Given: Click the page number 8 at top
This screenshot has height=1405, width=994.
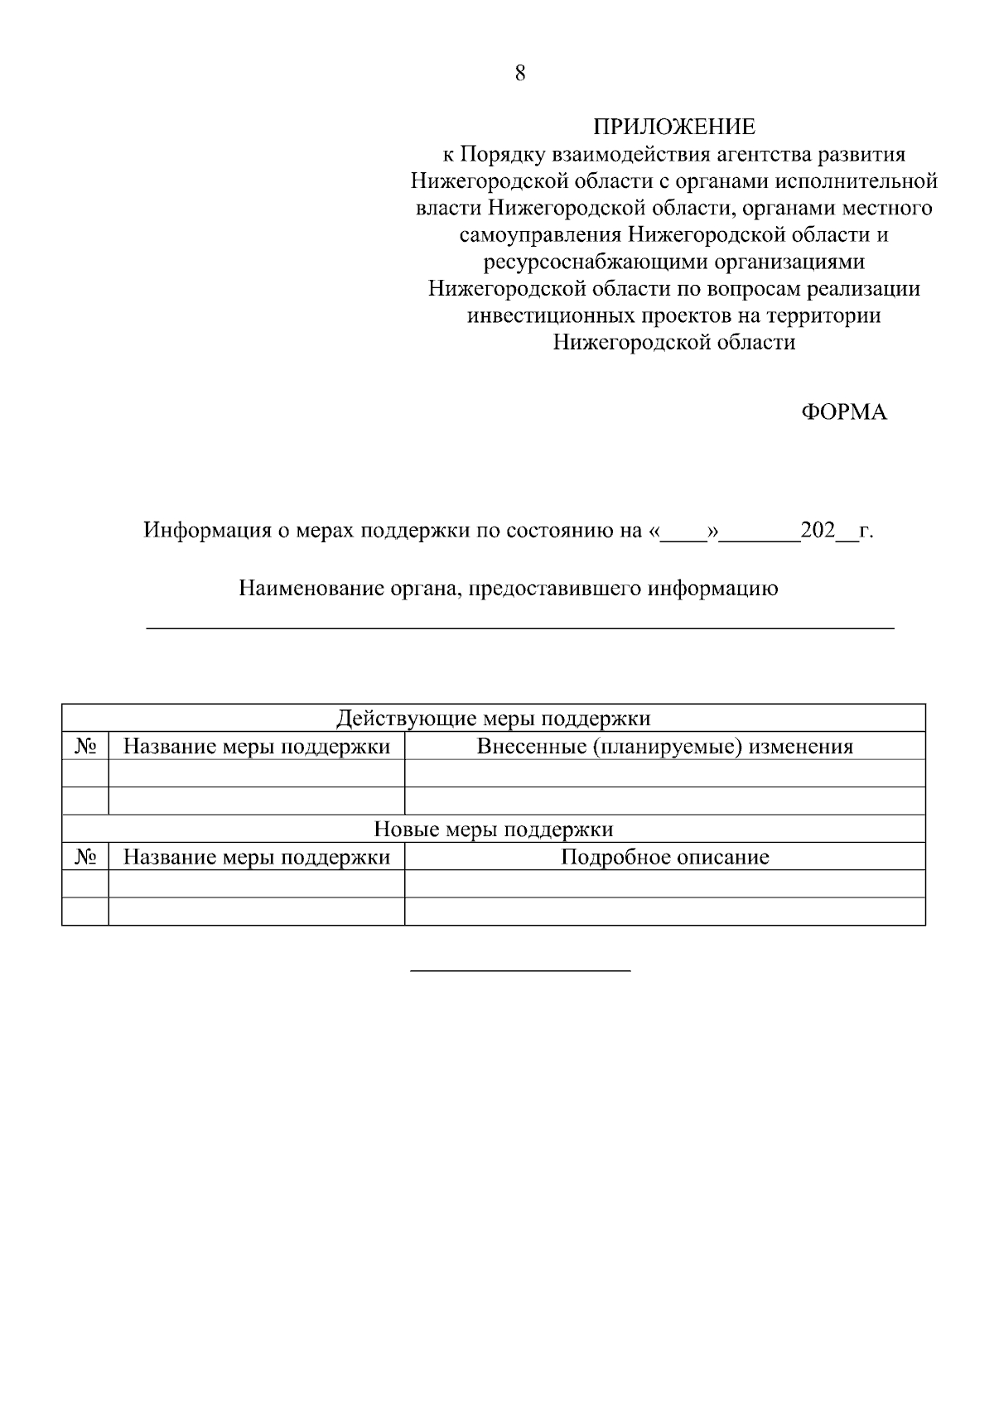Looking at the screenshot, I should (x=520, y=74).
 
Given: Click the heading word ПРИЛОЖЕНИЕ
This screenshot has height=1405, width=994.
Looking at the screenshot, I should (x=673, y=127).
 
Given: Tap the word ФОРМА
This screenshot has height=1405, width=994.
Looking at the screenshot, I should (x=844, y=412).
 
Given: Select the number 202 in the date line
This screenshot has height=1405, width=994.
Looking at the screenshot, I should (x=818, y=530).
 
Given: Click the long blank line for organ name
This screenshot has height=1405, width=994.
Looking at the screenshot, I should (x=520, y=629).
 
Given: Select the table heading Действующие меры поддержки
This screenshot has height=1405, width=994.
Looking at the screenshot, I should (x=494, y=719).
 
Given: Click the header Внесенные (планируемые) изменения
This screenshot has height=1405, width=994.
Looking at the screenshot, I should (x=664, y=747).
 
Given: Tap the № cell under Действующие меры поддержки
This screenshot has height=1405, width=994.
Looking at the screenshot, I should (x=85, y=747).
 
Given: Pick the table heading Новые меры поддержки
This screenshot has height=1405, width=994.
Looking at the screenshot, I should (x=494, y=829).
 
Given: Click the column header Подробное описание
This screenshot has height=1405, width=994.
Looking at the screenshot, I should (x=664, y=857).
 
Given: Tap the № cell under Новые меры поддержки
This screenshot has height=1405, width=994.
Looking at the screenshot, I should (x=85, y=857).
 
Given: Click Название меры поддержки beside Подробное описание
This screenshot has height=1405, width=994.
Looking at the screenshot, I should (x=256, y=857).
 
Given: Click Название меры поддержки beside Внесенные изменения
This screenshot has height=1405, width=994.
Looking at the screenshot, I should (x=256, y=747).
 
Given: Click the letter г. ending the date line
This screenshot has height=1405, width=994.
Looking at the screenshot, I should (x=866, y=531).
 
